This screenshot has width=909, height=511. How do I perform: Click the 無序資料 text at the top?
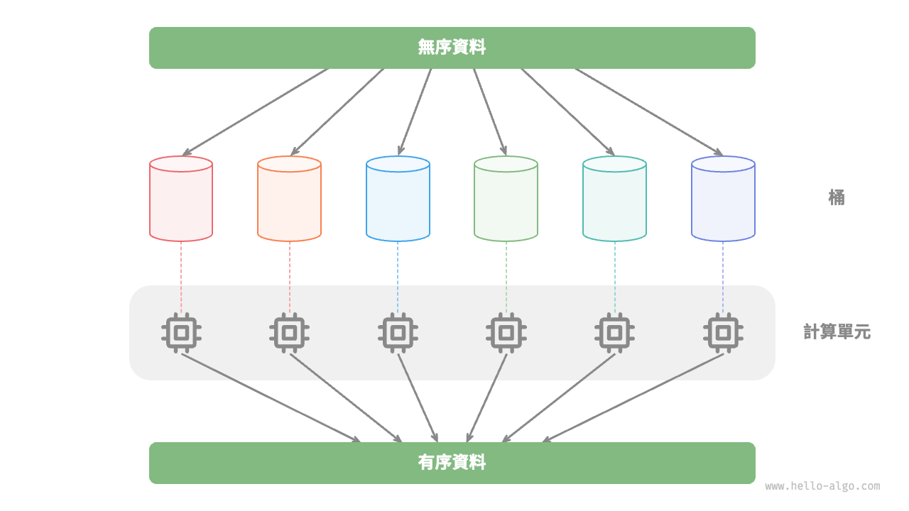[x=452, y=48]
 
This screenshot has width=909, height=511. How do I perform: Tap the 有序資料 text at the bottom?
[x=452, y=463]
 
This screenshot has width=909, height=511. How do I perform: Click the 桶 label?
[x=837, y=197]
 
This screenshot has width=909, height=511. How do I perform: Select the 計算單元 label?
[x=837, y=331]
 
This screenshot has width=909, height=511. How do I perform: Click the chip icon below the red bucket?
[x=181, y=332]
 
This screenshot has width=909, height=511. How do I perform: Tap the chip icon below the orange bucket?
[x=289, y=332]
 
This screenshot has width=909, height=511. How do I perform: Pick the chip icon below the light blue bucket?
[x=398, y=332]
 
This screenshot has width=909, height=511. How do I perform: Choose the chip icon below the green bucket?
[x=506, y=332]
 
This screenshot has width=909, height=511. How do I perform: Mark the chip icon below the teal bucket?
[x=614, y=332]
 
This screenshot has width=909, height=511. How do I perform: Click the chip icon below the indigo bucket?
[x=723, y=332]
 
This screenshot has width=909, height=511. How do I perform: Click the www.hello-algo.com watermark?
[x=822, y=486]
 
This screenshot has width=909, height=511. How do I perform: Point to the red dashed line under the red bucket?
[x=181, y=277]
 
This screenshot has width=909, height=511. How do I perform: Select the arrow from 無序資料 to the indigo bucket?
[x=648, y=111]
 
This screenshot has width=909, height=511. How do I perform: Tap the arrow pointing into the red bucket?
[x=256, y=111]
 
